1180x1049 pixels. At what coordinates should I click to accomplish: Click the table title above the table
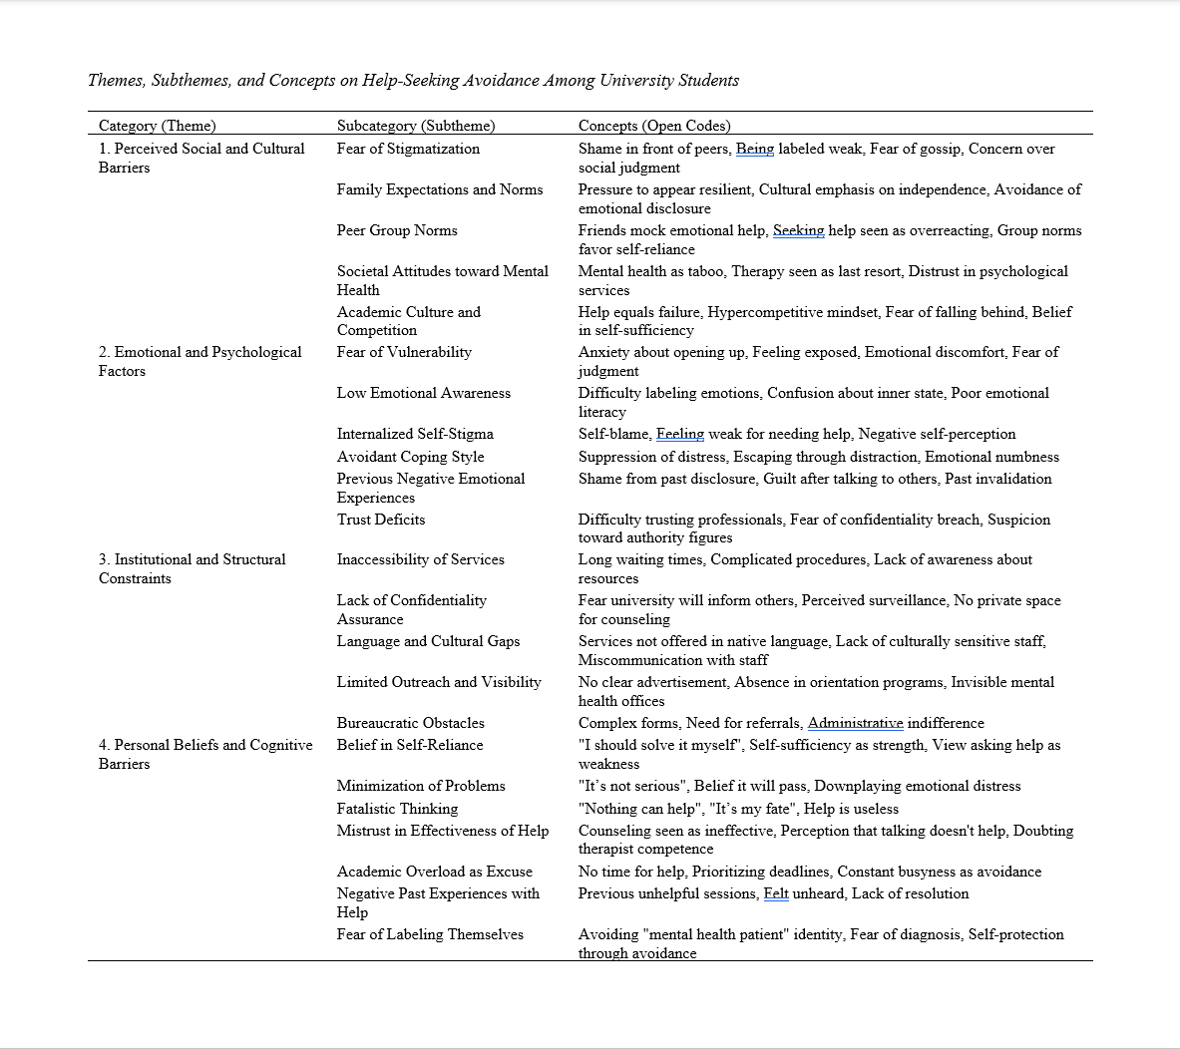[x=413, y=81]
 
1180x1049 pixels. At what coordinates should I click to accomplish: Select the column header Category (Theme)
[x=157, y=126]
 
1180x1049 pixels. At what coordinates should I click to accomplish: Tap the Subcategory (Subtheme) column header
[x=416, y=126]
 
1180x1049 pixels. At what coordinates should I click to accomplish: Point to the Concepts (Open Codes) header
[x=654, y=126]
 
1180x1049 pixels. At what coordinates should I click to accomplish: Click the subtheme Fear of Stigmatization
[x=408, y=149]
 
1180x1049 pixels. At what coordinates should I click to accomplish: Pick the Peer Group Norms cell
[x=397, y=230]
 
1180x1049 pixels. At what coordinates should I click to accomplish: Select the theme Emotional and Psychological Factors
[x=199, y=361]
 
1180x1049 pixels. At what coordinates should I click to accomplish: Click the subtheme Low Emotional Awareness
[x=423, y=393]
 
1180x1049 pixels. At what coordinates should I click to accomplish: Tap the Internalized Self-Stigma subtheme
[x=415, y=434]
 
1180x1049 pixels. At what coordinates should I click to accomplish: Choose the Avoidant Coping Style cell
[x=410, y=457]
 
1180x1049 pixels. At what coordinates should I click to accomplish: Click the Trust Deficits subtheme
[x=381, y=520]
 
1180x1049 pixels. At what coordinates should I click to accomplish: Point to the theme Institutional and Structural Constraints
[x=192, y=568]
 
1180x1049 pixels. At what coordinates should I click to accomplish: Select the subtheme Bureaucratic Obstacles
[x=410, y=723]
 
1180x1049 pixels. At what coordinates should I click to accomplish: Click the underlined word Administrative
[x=855, y=723]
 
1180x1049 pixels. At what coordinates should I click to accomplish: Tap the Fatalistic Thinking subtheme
[x=397, y=809]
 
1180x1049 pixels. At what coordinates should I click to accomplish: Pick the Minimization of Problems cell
[x=421, y=786]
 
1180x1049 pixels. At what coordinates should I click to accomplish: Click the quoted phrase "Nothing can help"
[x=639, y=809]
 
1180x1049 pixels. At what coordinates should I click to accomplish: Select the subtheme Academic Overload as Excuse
[x=434, y=872]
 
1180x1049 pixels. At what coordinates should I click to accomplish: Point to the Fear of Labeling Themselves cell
[x=430, y=934]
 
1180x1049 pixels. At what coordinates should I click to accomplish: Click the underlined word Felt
[x=776, y=893]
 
